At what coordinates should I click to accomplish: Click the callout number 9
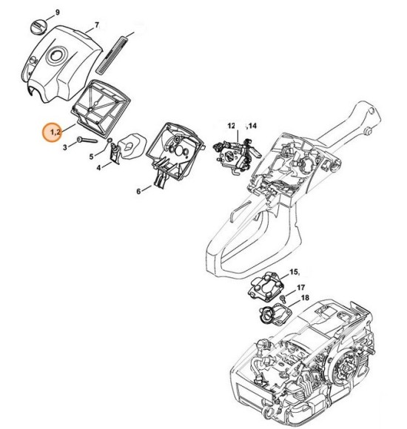[50, 13]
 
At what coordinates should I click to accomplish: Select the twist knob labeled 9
[38, 27]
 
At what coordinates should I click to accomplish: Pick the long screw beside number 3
[87, 141]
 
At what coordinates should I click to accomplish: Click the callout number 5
[91, 157]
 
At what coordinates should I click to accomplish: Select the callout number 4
[98, 168]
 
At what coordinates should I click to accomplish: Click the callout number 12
[231, 126]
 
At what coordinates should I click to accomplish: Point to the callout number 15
[294, 272]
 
